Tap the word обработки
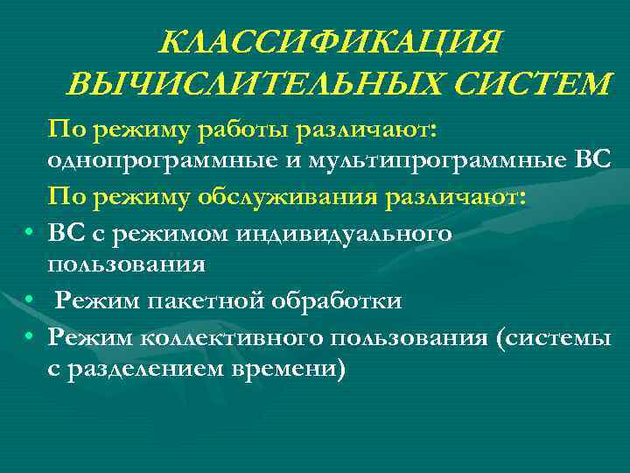tap(344, 301)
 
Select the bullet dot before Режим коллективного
tap(29, 337)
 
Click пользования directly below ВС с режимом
tap(128, 264)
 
